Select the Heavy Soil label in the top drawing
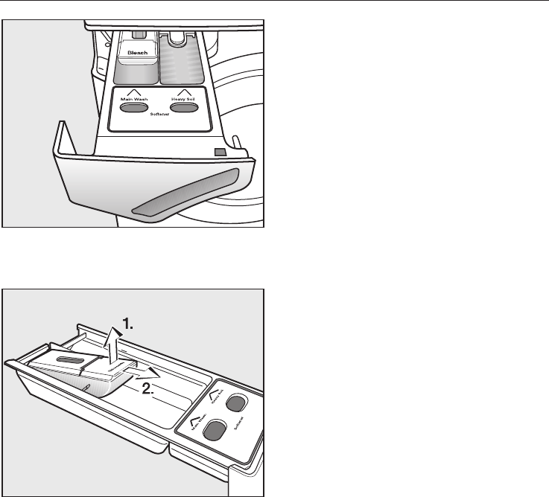point(183,100)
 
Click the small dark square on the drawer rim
point(218,152)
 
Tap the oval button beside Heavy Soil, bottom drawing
point(235,403)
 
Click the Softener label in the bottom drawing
point(240,427)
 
